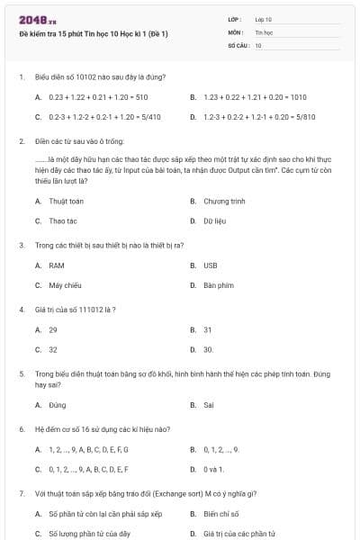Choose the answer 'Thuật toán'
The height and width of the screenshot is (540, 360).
[x=66, y=201]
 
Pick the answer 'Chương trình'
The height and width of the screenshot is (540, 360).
[x=224, y=201]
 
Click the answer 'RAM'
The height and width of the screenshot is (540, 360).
[x=57, y=265]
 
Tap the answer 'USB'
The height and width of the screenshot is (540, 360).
[x=211, y=265]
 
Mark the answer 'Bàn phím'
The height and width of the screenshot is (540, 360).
[x=219, y=284]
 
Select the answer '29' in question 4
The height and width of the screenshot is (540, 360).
[x=53, y=329]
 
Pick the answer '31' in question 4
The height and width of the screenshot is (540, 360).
[x=208, y=329]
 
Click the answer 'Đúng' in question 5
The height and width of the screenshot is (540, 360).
[x=58, y=405]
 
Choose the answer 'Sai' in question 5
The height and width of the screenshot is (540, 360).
[x=209, y=405]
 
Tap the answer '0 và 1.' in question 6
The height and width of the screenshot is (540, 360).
[x=214, y=469]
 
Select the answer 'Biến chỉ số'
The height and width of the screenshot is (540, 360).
[x=222, y=514]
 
